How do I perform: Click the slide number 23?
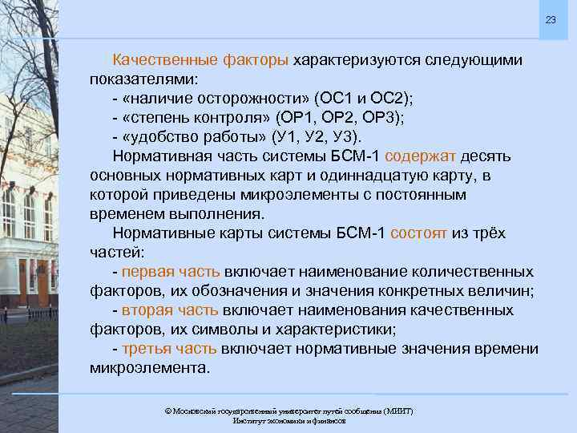coord(551,19)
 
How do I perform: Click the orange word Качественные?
coord(166,60)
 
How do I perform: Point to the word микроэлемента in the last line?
coord(148,368)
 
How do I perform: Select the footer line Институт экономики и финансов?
coord(288,421)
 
